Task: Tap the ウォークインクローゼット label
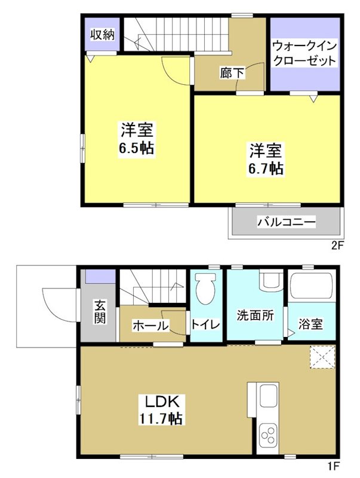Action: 304,53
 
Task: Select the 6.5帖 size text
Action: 137,148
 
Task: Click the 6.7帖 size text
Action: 266,168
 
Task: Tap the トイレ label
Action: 206,326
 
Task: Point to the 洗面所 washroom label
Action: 255,315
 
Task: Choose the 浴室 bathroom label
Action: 310,324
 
